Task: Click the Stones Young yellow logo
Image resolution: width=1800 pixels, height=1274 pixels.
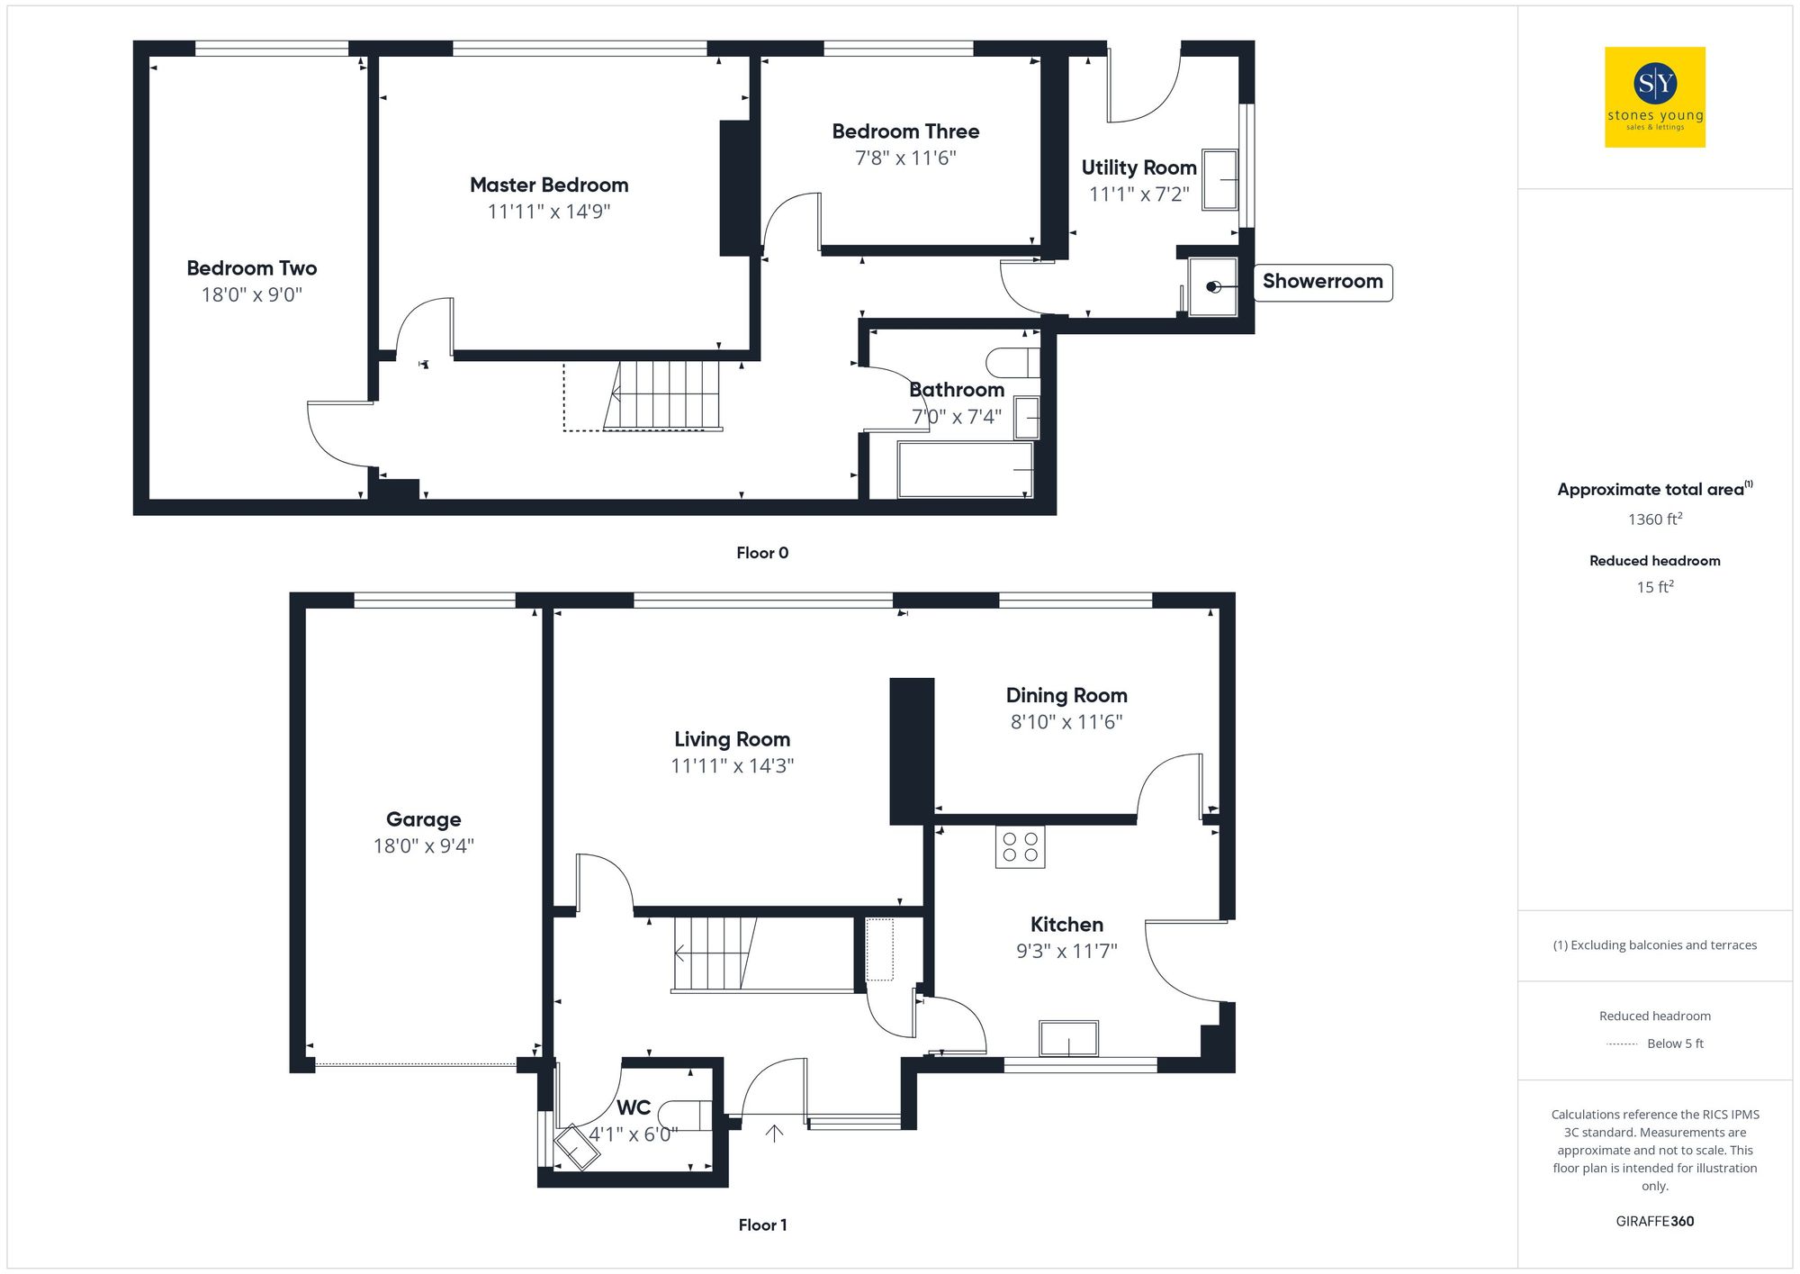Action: click(x=1654, y=97)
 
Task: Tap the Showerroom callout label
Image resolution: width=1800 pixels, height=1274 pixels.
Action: click(x=1322, y=282)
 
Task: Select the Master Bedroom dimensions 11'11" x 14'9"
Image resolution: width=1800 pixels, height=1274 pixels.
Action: click(x=549, y=212)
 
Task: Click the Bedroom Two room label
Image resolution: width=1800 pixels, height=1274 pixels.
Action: click(x=252, y=268)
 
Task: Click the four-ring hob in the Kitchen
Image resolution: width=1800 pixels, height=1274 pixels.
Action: click(x=1020, y=847)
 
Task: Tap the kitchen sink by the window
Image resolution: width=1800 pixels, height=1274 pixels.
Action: click(x=1068, y=1038)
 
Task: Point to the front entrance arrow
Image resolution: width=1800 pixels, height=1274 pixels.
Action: click(x=774, y=1133)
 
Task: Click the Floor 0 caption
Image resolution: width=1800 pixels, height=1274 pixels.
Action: click(x=762, y=553)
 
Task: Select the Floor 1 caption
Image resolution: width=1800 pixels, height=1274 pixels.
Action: click(x=762, y=1224)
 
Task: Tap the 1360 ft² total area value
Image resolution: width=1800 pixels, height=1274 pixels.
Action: click(x=1654, y=520)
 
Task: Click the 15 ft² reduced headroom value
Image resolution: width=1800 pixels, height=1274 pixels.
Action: click(x=1654, y=587)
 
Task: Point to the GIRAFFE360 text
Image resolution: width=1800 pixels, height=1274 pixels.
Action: click(x=1654, y=1221)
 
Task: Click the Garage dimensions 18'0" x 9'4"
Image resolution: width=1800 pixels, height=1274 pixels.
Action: click(x=423, y=846)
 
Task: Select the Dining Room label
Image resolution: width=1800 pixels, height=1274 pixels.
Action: click(x=1066, y=695)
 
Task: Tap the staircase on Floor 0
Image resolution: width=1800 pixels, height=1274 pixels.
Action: click(x=666, y=396)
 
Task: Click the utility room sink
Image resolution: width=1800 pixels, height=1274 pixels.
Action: click(x=1220, y=180)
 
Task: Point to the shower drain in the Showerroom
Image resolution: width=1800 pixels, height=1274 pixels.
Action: click(x=1212, y=287)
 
